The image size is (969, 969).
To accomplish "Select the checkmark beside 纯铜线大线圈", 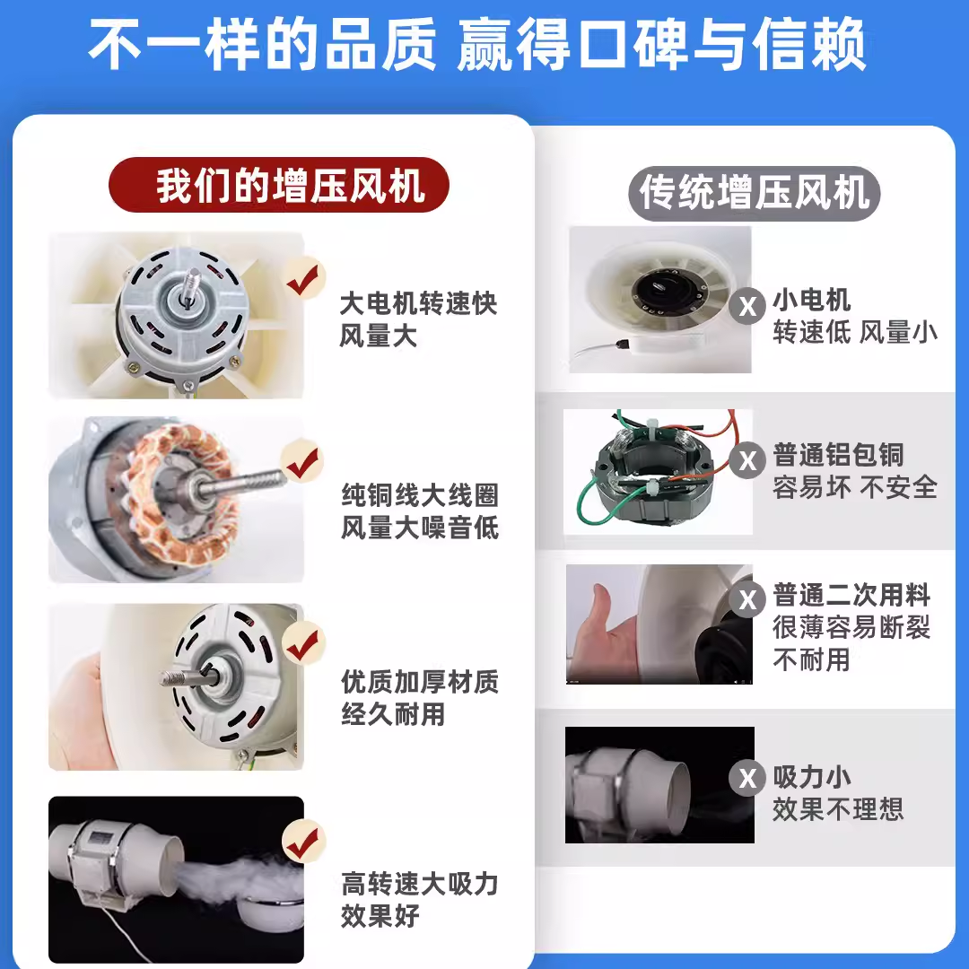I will pos(302,463).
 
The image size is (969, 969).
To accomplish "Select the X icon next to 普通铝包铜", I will pos(747,461).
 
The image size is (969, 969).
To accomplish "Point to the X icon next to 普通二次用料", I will pos(747,600).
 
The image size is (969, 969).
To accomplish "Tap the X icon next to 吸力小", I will pos(747,779).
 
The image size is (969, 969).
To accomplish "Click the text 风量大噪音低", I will pos(419,528).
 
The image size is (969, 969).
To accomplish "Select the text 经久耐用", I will pos(393,715).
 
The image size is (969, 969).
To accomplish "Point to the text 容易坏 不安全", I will pos(854,487).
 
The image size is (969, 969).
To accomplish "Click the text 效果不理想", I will pos(838,809).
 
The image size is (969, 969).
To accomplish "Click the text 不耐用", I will pos(811,660).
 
